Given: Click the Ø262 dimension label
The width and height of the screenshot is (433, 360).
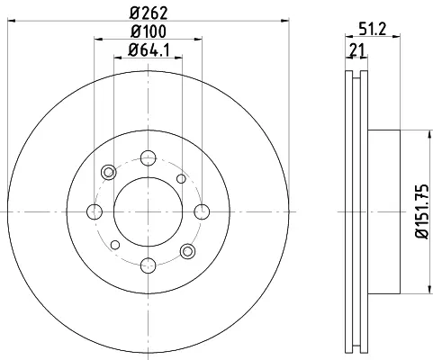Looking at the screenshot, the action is (149, 13).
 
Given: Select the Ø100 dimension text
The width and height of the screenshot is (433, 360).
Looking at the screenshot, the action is (149, 31).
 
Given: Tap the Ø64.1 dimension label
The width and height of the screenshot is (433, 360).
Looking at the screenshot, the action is (149, 50).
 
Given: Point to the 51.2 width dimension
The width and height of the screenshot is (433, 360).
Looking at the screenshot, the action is (373, 29).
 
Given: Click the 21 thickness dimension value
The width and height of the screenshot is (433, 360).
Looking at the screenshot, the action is (357, 50).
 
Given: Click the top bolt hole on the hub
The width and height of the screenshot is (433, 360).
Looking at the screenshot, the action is (149, 158).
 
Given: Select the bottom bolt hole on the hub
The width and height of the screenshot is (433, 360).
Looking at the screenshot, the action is (149, 265).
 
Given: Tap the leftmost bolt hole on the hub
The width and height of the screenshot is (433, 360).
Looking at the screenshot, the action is (95, 211).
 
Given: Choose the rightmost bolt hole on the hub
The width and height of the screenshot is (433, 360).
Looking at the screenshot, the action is (202, 211).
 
